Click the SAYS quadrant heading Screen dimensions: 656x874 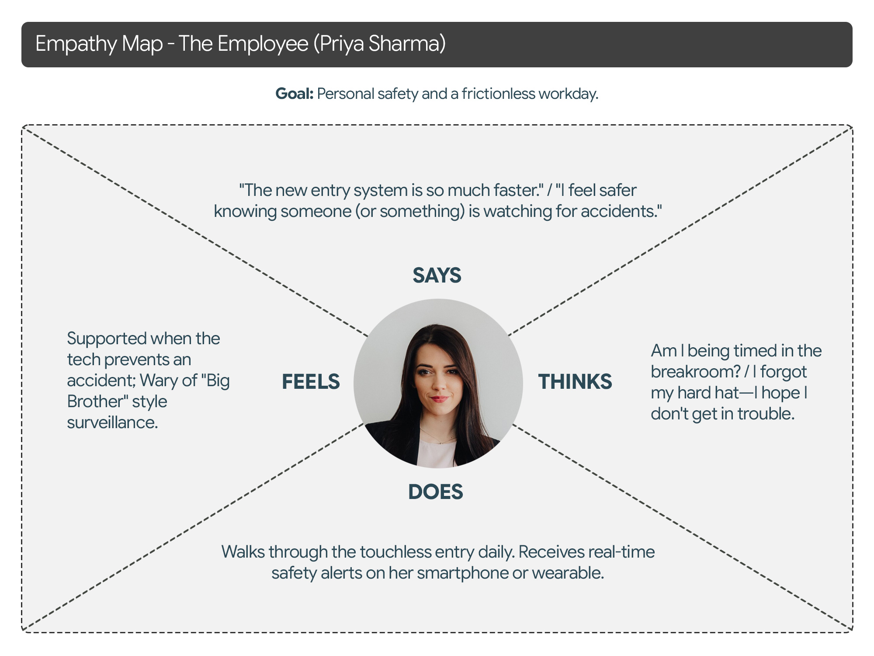[x=437, y=276]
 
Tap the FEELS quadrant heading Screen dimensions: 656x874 [x=311, y=382]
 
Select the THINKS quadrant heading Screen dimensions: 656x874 [x=575, y=382]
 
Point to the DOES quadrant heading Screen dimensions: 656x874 [x=435, y=492]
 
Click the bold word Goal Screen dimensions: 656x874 [x=294, y=94]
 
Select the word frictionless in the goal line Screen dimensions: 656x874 [x=498, y=94]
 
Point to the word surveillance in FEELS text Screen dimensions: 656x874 [x=112, y=423]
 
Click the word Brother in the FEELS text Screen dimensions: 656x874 [x=91, y=402]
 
